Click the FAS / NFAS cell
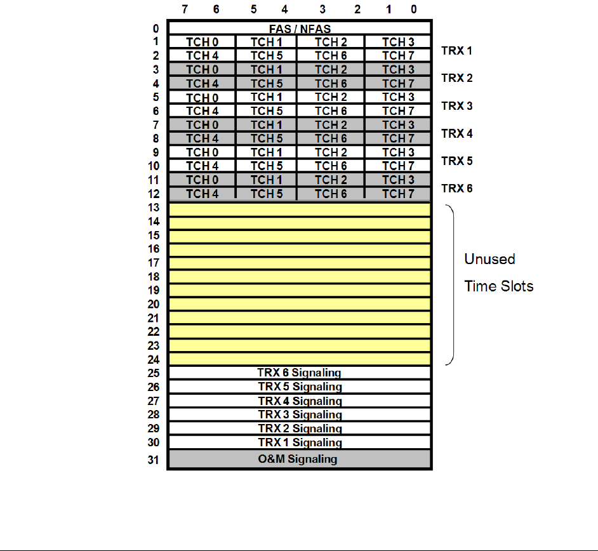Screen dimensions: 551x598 [300, 29]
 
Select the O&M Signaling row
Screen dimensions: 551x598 [300, 459]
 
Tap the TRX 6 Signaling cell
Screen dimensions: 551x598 [300, 373]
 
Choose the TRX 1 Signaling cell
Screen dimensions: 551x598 [300, 442]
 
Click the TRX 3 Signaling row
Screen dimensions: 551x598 [300, 415]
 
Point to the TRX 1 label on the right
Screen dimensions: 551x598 [456, 50]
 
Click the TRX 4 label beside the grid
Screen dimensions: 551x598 [456, 134]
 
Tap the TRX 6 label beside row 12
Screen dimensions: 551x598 [456, 189]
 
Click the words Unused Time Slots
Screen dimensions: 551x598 [498, 272]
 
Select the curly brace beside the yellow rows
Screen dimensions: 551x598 [451, 285]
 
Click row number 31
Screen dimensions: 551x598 [153, 460]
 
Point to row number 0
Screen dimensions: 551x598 [156, 29]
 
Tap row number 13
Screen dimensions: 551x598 [153, 208]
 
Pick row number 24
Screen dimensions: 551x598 [153, 359]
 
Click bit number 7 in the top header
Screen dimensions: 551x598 [184, 9]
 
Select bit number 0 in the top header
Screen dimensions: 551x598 [414, 9]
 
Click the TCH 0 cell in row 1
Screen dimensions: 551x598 [202, 42]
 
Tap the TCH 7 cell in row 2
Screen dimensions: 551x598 [398, 55]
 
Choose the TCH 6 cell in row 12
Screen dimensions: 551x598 [331, 194]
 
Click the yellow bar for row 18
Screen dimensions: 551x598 [300, 277]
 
